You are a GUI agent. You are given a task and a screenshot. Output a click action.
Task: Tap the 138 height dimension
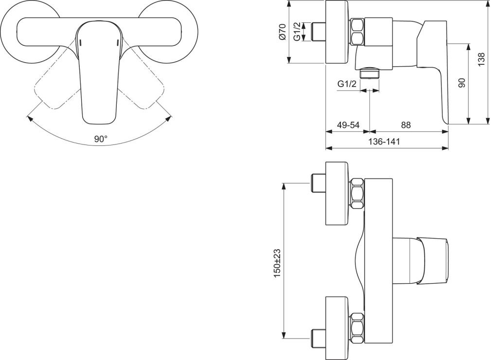[x=481, y=59]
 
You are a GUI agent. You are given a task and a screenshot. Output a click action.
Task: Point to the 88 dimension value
[x=406, y=125]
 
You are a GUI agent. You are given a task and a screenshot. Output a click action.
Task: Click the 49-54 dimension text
[x=348, y=125]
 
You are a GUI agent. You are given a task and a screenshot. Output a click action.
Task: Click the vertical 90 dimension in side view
[x=462, y=83]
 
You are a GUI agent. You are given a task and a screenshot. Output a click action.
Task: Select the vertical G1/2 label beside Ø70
[x=296, y=32]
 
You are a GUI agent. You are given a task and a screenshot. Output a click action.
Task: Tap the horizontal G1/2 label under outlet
[x=347, y=84]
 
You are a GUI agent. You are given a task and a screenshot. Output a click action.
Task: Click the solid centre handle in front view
[x=98, y=73]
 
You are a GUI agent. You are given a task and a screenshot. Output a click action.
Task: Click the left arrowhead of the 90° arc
[x=29, y=117]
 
